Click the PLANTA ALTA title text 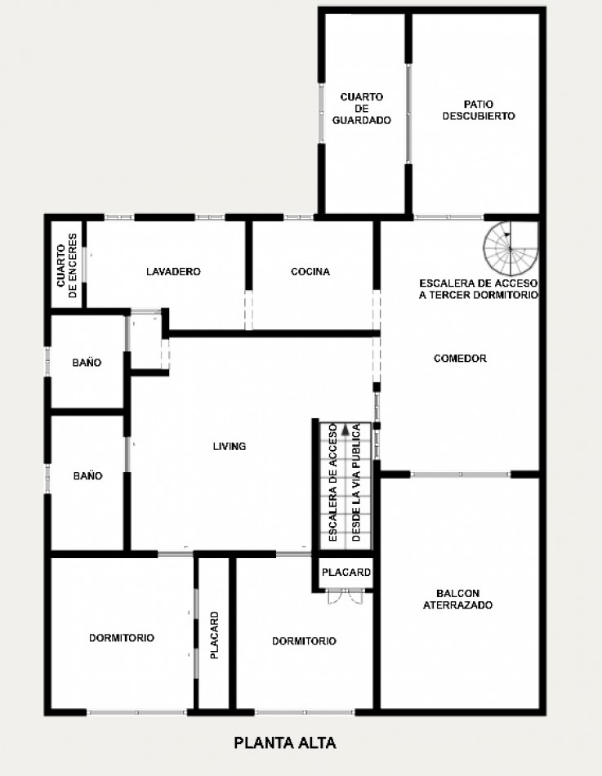285,743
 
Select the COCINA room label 310,272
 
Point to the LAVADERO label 173,272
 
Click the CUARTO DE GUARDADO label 362,109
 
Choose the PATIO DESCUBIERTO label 479,110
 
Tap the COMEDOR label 461,359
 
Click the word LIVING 230,447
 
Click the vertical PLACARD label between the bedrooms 214,635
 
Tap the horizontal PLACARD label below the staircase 346,573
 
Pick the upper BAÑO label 87,363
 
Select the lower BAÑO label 87,475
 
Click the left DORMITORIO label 122,639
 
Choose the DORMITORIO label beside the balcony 304,641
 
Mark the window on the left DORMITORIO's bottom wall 136,713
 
